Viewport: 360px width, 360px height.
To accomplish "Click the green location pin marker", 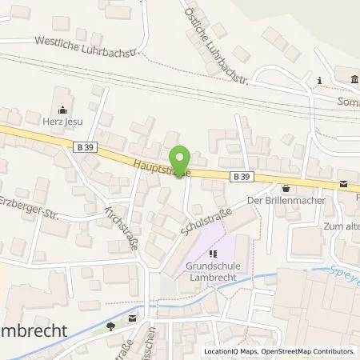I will [x=181, y=160].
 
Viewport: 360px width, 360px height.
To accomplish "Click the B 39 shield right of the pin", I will [x=242, y=175].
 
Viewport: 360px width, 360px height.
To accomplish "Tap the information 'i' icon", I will [x=319, y=79].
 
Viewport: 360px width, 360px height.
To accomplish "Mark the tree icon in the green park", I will [x=111, y=325].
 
